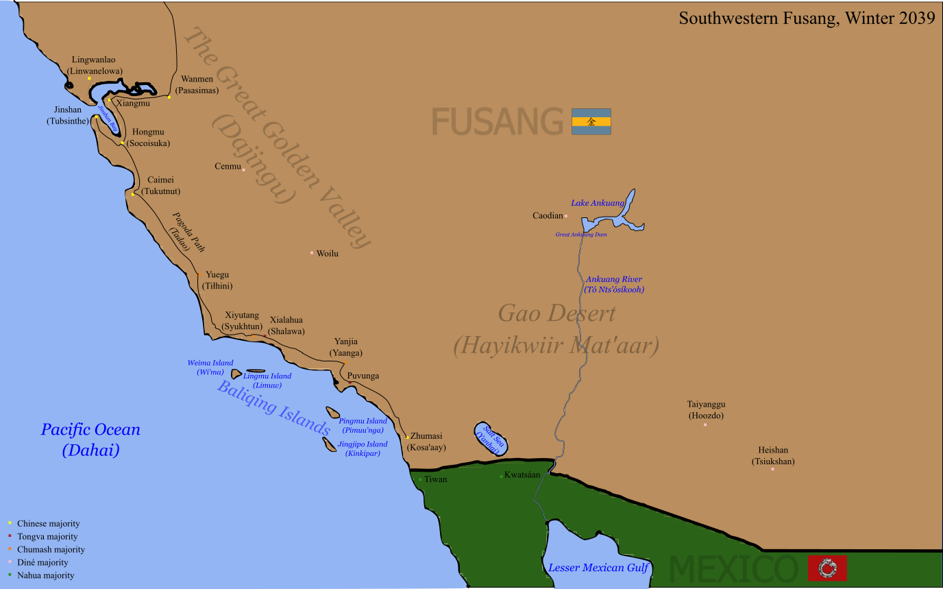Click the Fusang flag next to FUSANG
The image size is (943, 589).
pyautogui.click(x=591, y=121)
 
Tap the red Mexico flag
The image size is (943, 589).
pyautogui.click(x=827, y=568)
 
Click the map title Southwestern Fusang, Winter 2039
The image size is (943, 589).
pyautogui.click(x=807, y=18)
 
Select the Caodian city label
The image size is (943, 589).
pyautogui.click(x=548, y=215)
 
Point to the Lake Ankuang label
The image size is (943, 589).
pyautogui.click(x=598, y=203)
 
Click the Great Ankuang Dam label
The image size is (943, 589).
pyautogui.click(x=580, y=235)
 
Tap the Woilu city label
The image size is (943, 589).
pyautogui.click(x=327, y=254)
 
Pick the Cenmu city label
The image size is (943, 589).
pyautogui.click(x=228, y=167)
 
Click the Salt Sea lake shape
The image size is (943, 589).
pyautogui.click(x=491, y=437)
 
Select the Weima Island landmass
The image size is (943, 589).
pyautogui.click(x=236, y=374)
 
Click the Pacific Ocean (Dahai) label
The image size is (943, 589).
pyautogui.click(x=90, y=440)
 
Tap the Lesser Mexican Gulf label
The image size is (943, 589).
pyautogui.click(x=598, y=568)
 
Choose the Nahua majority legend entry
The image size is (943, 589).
pyautogui.click(x=46, y=576)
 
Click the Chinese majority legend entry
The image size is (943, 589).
pyautogui.click(x=48, y=524)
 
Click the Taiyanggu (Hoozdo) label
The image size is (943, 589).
pyautogui.click(x=706, y=410)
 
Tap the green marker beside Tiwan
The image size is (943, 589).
pyautogui.click(x=420, y=479)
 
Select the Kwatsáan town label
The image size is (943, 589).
pyautogui.click(x=522, y=474)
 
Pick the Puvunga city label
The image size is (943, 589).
pyautogui.click(x=363, y=376)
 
